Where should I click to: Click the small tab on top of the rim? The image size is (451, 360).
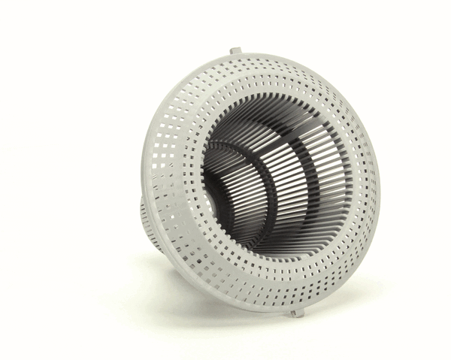coord(235,51)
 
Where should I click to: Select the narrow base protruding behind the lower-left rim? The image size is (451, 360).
coord(148,222)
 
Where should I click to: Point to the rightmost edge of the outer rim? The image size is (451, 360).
coord(378,188)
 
